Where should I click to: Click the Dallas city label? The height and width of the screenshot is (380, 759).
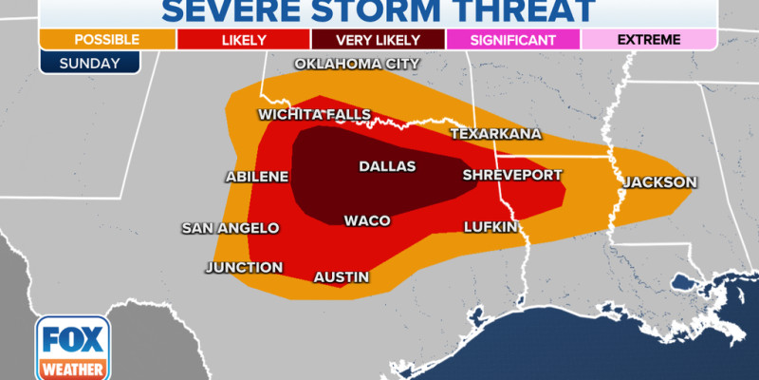pyautogui.click(x=387, y=166)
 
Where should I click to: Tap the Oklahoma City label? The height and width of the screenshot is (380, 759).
pyautogui.click(x=357, y=65)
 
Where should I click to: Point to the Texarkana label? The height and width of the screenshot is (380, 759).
pyautogui.click(x=495, y=133)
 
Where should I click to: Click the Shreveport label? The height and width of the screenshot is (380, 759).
pyautogui.click(x=512, y=175)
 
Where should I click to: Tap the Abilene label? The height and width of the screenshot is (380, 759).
pyautogui.click(x=256, y=177)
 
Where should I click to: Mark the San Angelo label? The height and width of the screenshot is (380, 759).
pyautogui.click(x=231, y=228)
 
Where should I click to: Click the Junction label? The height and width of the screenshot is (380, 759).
pyautogui.click(x=244, y=267)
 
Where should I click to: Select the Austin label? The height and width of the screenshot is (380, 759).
pyautogui.click(x=341, y=277)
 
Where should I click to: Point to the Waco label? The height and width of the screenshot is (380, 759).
pyautogui.click(x=367, y=220)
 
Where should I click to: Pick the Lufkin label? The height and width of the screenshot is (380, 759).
pyautogui.click(x=491, y=227)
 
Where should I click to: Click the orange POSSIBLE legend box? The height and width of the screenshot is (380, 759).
pyautogui.click(x=106, y=39)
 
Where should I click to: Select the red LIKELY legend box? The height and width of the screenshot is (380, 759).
pyautogui.click(x=243, y=39)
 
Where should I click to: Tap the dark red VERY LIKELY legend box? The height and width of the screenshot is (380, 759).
pyautogui.click(x=379, y=39)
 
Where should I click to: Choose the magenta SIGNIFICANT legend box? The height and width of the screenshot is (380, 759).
pyautogui.click(x=513, y=39)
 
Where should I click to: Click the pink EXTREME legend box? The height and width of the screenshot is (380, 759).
pyautogui.click(x=649, y=39)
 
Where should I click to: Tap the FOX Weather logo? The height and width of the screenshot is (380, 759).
pyautogui.click(x=74, y=347)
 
